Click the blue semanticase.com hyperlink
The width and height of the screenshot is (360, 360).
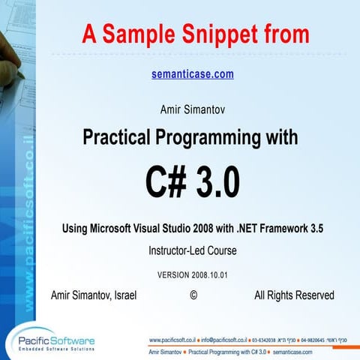[x=192, y=74]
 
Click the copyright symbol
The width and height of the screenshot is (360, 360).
[x=193, y=295]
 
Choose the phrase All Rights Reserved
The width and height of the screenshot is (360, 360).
[x=294, y=295]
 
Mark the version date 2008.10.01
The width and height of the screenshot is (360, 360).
[x=208, y=274]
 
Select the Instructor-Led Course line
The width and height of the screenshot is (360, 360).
[x=192, y=251]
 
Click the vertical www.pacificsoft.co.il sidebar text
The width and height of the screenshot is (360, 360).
[x=30, y=217]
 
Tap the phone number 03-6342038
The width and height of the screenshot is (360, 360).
[x=277, y=339]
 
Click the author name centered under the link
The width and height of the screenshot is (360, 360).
[x=192, y=110]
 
